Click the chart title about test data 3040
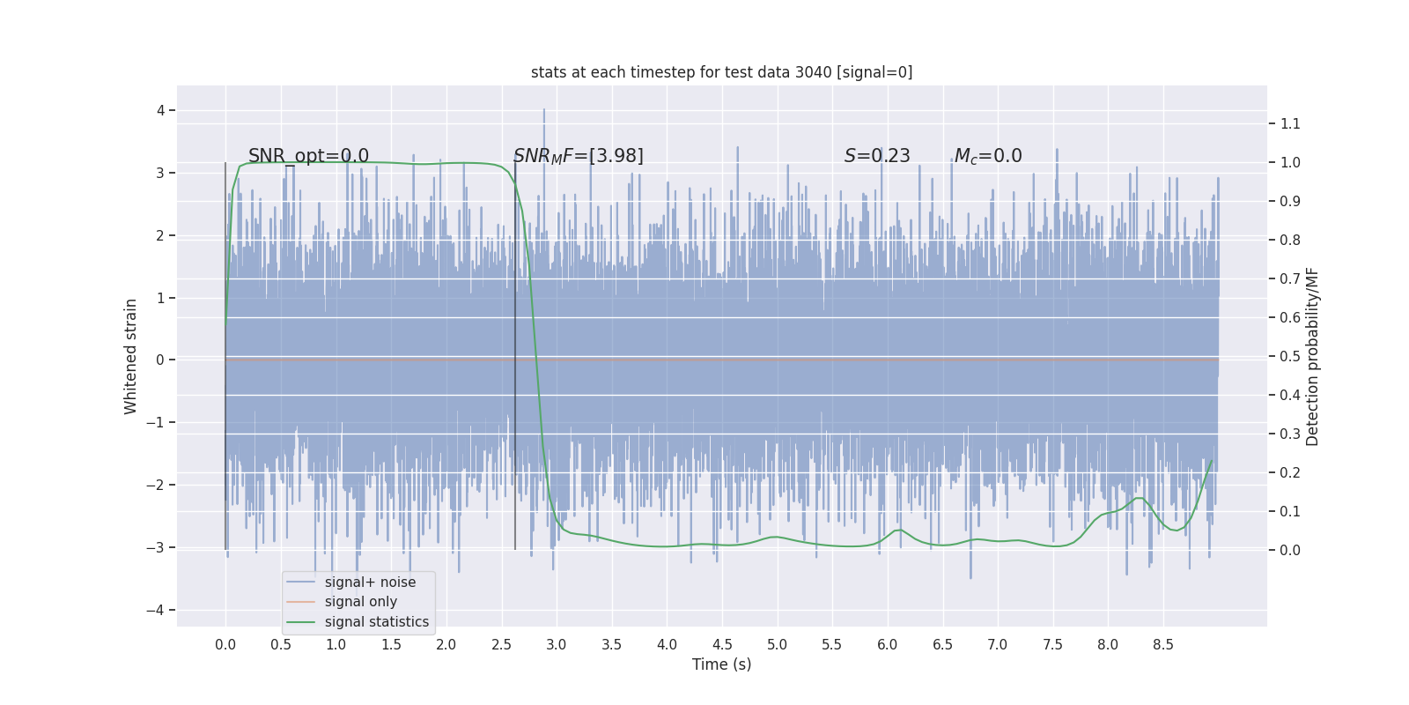(x=721, y=72)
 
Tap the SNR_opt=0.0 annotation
(x=308, y=156)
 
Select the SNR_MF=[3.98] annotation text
(x=579, y=156)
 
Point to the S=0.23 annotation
(x=877, y=156)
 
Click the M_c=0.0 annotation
(x=988, y=156)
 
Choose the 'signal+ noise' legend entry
(x=370, y=583)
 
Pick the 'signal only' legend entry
(x=360, y=602)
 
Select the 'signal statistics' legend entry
(x=376, y=622)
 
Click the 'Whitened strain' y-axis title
(x=131, y=356)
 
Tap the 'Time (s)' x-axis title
(x=721, y=664)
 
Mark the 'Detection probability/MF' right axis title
(x=1313, y=356)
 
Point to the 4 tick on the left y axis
(x=161, y=110)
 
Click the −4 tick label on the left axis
(x=157, y=610)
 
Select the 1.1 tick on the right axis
(x=1290, y=123)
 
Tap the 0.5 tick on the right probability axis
(x=1290, y=356)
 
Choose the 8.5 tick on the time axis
(x=1162, y=645)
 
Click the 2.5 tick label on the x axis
(x=501, y=645)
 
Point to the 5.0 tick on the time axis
(x=777, y=645)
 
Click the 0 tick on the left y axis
(x=161, y=360)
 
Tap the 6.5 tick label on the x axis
(x=942, y=645)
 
